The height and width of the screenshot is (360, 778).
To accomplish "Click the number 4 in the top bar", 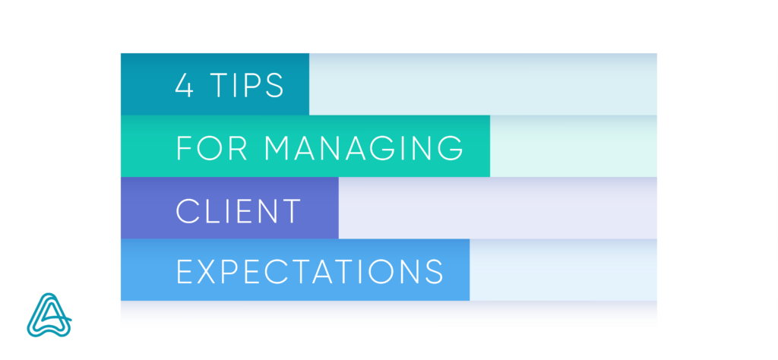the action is click(184, 85).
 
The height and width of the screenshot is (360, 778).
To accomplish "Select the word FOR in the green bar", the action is click(211, 148).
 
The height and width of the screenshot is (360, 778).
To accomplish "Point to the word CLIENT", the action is click(239, 210).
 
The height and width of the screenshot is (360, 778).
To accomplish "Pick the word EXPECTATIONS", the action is click(310, 271).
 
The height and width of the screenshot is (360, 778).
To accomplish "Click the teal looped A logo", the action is click(49, 315).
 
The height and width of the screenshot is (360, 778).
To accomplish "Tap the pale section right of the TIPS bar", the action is click(482, 84).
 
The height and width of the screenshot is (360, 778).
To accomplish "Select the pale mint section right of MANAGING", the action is click(574, 146).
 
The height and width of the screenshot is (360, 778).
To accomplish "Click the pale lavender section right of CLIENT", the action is click(498, 208).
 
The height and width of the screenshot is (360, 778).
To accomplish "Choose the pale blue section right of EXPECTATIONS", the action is click(563, 270).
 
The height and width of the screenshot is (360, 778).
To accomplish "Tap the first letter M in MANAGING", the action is click(276, 148).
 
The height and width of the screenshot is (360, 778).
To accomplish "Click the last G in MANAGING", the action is click(451, 148).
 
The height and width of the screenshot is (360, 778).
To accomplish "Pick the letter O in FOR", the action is click(211, 148).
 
